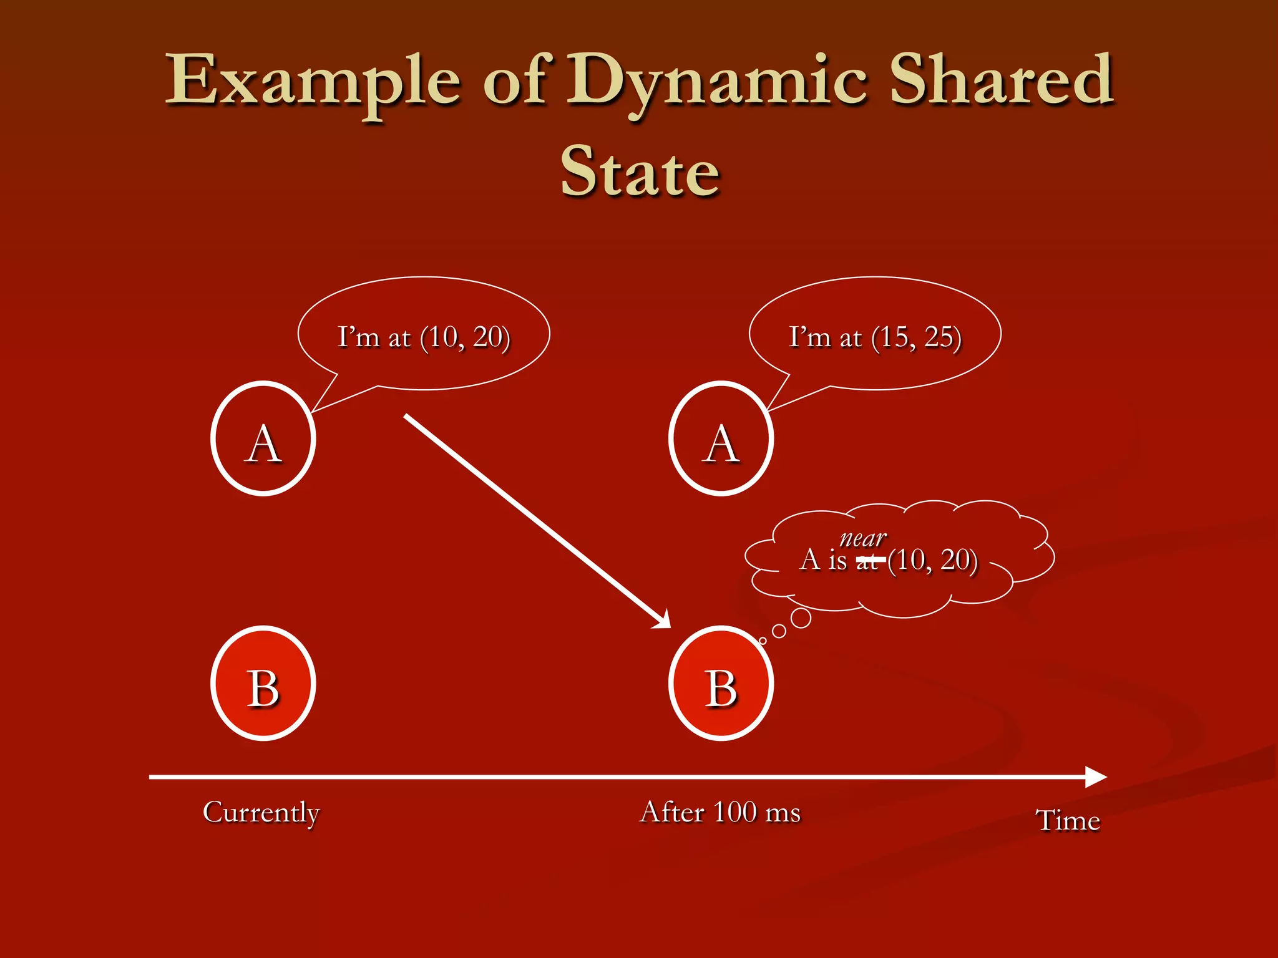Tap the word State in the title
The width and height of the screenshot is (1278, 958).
pyautogui.click(x=640, y=172)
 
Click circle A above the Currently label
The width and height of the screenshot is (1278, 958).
pyautogui.click(x=263, y=438)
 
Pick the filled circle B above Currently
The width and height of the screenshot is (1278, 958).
pyautogui.click(x=263, y=684)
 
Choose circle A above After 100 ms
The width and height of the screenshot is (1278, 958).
pyautogui.click(x=721, y=438)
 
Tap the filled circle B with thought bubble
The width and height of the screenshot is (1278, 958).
pyautogui.click(x=721, y=684)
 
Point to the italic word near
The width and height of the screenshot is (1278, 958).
pyautogui.click(x=863, y=538)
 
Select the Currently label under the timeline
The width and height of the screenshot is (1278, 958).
pyautogui.click(x=261, y=812)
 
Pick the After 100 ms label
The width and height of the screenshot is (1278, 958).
pyautogui.click(x=720, y=812)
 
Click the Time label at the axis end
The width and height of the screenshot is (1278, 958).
pyautogui.click(x=1068, y=820)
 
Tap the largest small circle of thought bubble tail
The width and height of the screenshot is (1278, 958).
pyautogui.click(x=801, y=618)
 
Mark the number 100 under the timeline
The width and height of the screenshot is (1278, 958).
pyautogui.click(x=734, y=812)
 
